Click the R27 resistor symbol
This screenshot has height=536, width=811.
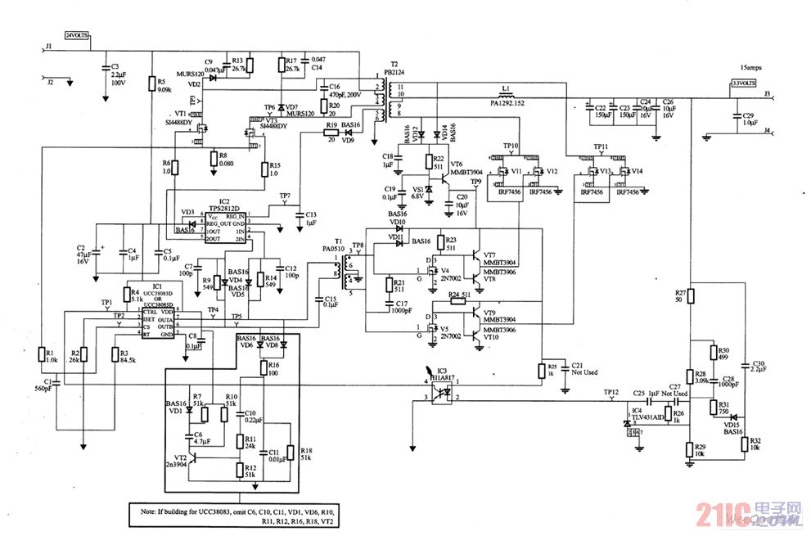click(x=692, y=296)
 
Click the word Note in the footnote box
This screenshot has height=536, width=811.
click(x=151, y=511)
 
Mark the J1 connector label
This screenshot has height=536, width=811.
click(x=49, y=47)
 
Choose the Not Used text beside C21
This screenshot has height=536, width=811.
click(x=584, y=372)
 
